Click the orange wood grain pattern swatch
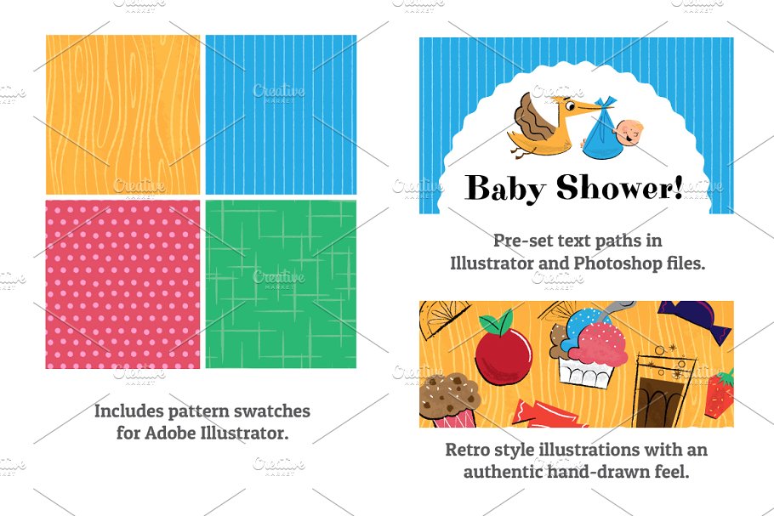[x=123, y=115]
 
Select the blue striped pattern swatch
[x=281, y=115]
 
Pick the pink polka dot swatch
[x=123, y=284]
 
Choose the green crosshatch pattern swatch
[x=281, y=284]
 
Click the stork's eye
[x=570, y=105]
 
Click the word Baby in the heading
[x=505, y=188]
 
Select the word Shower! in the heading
[x=620, y=186]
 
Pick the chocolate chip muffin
[x=448, y=400]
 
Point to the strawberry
[x=720, y=394]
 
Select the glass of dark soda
[x=661, y=389]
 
